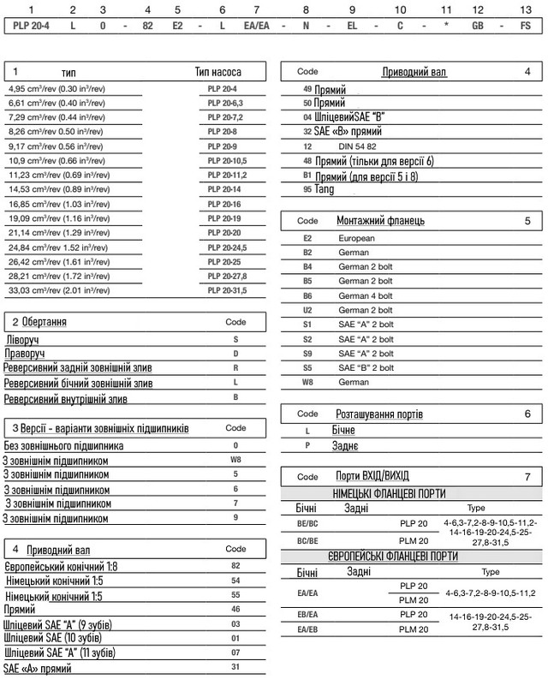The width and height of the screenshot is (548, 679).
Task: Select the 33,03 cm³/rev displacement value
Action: tap(54, 291)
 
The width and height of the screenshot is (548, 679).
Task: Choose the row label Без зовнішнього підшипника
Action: tap(63, 446)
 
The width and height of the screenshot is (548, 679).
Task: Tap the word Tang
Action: tap(325, 188)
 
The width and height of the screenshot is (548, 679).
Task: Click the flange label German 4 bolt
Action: tap(366, 295)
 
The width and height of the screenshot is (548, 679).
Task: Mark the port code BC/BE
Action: tap(307, 540)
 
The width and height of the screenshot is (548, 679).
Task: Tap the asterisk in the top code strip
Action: tap(446, 27)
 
